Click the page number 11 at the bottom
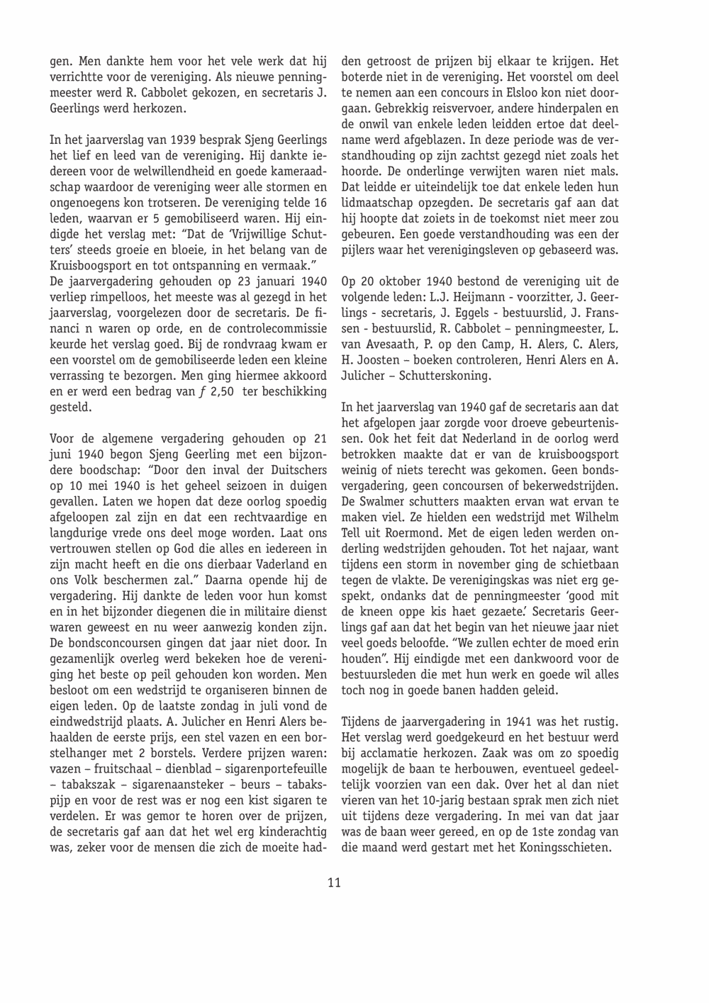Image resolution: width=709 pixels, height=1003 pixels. click(335, 882)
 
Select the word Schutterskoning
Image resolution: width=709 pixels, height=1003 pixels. click(445, 376)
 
